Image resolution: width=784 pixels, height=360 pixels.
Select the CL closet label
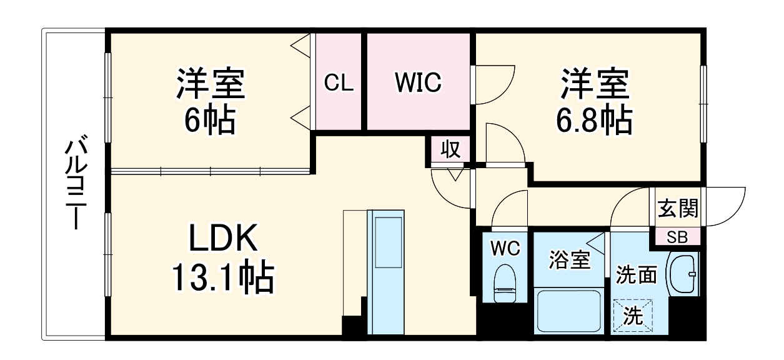point(339,82)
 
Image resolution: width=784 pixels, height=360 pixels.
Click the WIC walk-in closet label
point(417,81)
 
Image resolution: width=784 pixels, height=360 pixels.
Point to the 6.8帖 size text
point(593,121)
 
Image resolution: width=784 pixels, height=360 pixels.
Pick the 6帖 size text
point(209,121)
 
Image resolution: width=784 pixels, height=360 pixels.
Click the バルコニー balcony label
point(73,185)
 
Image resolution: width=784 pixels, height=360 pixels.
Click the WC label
point(505,249)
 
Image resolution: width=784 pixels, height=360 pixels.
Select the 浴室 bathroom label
point(569,259)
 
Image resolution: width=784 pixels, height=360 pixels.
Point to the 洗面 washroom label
point(637,274)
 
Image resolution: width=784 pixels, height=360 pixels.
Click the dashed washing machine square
point(635,315)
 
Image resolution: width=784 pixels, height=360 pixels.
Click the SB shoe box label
point(677,237)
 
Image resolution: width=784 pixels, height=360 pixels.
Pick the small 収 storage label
point(450,149)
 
